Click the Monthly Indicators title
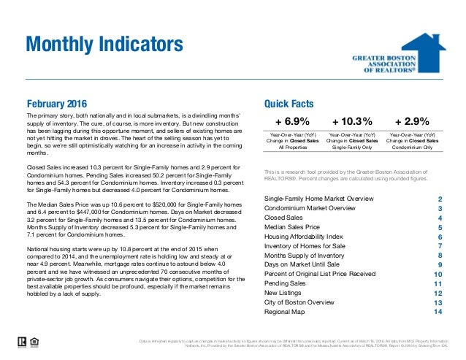point(104,45)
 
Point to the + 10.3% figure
point(353,122)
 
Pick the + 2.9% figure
point(411,122)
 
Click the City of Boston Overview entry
point(299,302)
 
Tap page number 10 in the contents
point(438,274)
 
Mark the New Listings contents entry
point(284,292)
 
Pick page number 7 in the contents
point(440,246)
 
